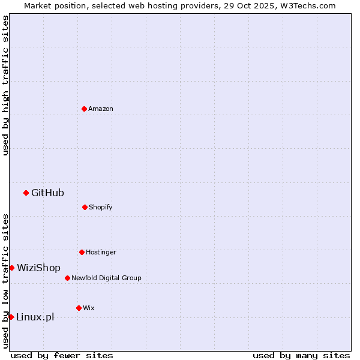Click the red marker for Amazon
(x=84, y=109)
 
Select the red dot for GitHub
(x=26, y=193)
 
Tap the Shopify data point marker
(x=85, y=207)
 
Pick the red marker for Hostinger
(x=82, y=252)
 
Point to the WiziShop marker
(x=11, y=268)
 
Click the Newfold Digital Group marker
(x=67, y=278)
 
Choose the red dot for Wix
(x=79, y=308)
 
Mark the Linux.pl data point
(x=11, y=317)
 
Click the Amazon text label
(x=101, y=109)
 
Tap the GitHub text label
(x=47, y=193)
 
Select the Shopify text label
(x=101, y=207)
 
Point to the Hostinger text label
(x=101, y=252)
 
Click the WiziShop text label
(x=38, y=268)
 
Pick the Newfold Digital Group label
(x=106, y=278)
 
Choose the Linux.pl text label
(x=35, y=317)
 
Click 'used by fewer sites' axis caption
(x=62, y=355)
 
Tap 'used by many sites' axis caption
(x=301, y=355)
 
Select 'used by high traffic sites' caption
(x=5, y=85)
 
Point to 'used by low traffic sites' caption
(x=5, y=281)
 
